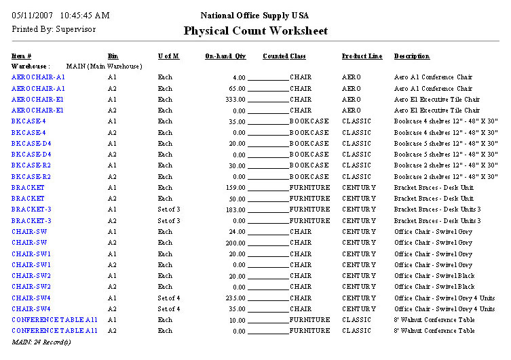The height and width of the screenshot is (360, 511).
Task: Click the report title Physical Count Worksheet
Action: (x=255, y=31)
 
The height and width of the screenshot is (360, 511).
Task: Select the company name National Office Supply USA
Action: (x=255, y=16)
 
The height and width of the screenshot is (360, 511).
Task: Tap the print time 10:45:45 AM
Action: (x=84, y=16)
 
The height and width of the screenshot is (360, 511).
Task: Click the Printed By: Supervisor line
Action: (x=54, y=29)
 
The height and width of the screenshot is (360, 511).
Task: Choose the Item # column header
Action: (x=22, y=56)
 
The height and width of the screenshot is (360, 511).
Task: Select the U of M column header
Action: (x=168, y=56)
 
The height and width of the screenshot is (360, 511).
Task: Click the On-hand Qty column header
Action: (x=225, y=56)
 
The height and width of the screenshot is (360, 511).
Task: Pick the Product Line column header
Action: (x=362, y=56)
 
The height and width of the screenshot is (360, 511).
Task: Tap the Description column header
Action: (x=411, y=56)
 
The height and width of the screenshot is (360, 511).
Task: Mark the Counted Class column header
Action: (x=284, y=56)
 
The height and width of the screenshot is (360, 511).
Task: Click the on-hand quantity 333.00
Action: (x=235, y=100)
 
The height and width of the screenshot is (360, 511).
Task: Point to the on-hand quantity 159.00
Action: (x=235, y=188)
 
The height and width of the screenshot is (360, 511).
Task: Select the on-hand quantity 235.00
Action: (x=235, y=298)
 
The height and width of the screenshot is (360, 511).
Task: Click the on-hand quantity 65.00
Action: (x=237, y=89)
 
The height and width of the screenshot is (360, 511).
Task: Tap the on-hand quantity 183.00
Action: (x=235, y=210)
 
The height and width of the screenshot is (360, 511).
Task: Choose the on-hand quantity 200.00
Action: (x=235, y=243)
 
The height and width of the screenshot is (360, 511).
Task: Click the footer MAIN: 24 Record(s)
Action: (x=41, y=342)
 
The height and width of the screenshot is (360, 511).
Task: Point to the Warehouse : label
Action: (x=30, y=66)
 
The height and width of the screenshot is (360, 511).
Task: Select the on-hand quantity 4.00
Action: (x=239, y=77)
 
